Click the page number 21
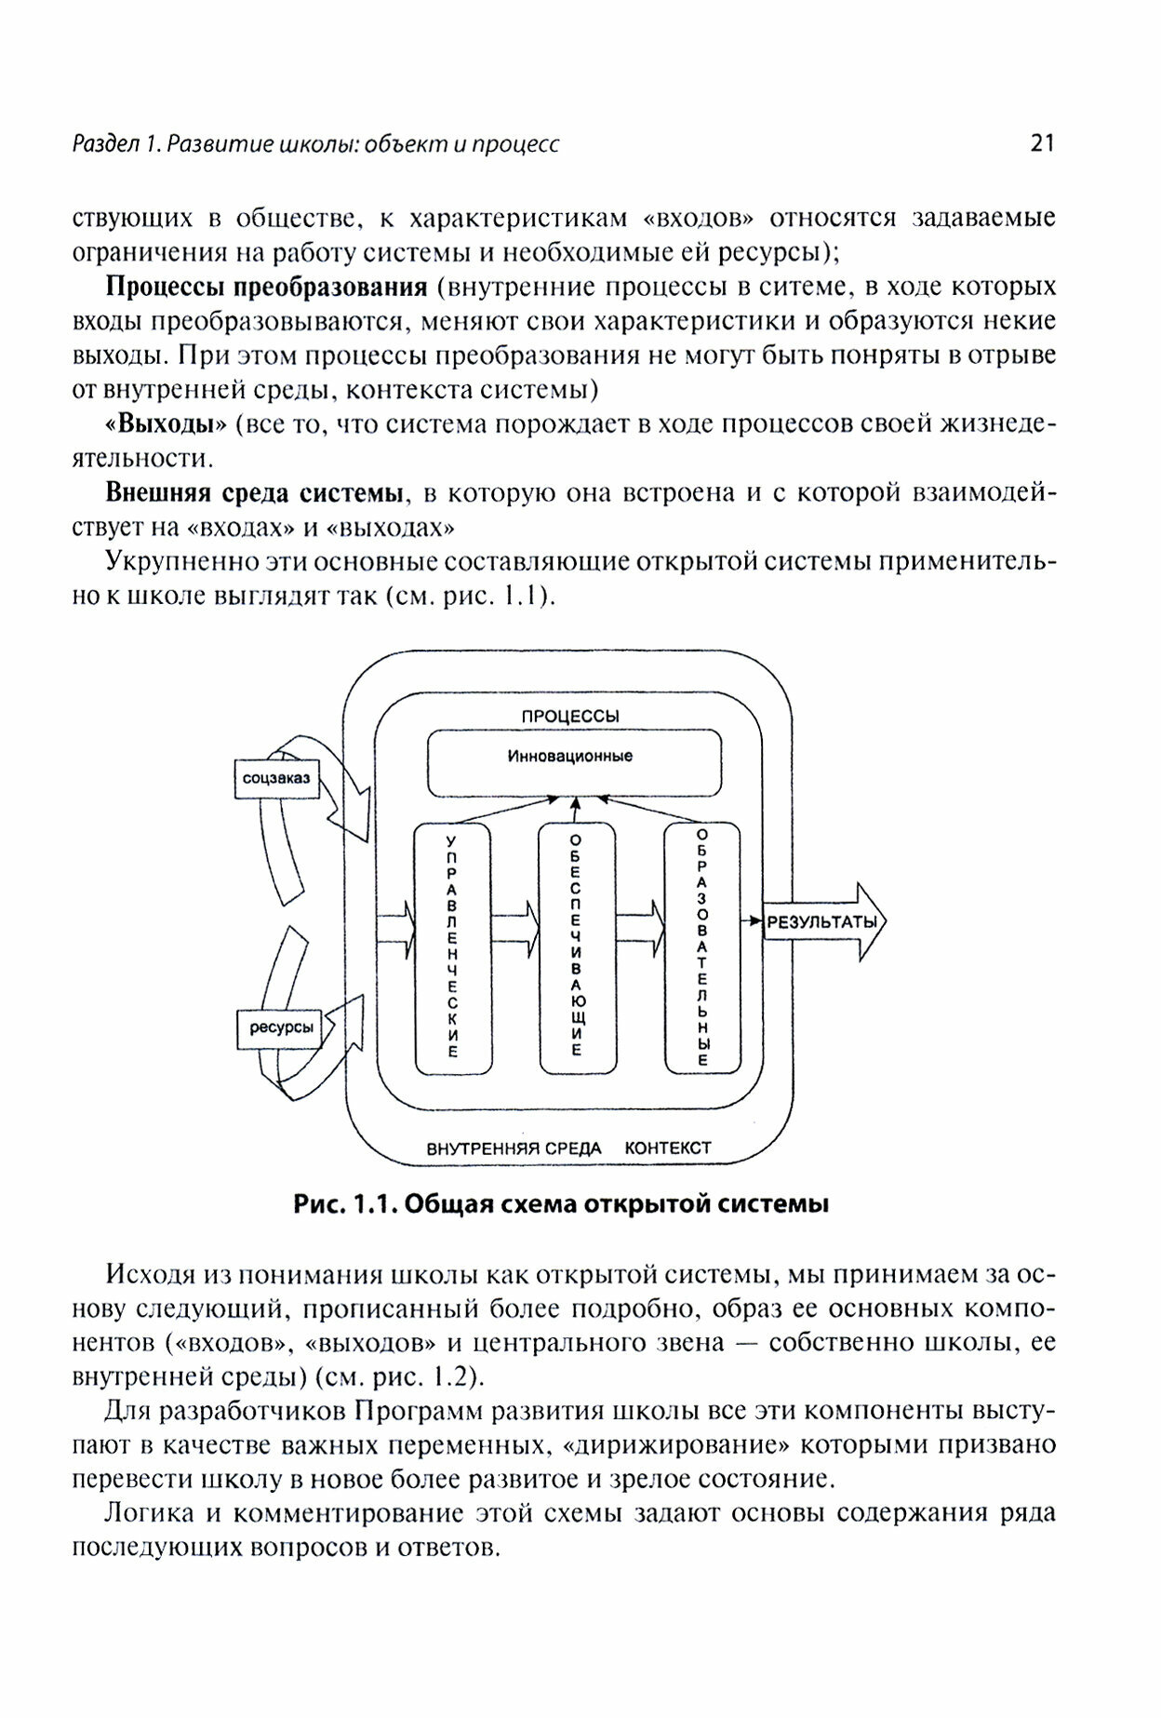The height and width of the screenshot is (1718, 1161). tap(1041, 143)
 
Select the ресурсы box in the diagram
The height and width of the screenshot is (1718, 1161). tap(280, 1028)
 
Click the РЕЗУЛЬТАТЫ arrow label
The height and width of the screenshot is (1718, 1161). tap(821, 923)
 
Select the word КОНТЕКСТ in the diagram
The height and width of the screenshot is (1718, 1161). tap(668, 1148)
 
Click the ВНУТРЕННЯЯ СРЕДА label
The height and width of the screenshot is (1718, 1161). tap(514, 1148)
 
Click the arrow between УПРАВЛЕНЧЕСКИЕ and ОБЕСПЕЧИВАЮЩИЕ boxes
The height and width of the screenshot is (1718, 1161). tap(514, 924)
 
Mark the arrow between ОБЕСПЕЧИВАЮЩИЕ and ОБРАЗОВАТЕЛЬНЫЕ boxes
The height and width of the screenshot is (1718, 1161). tap(640, 924)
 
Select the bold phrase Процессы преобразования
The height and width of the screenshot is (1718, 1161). tap(267, 287)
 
